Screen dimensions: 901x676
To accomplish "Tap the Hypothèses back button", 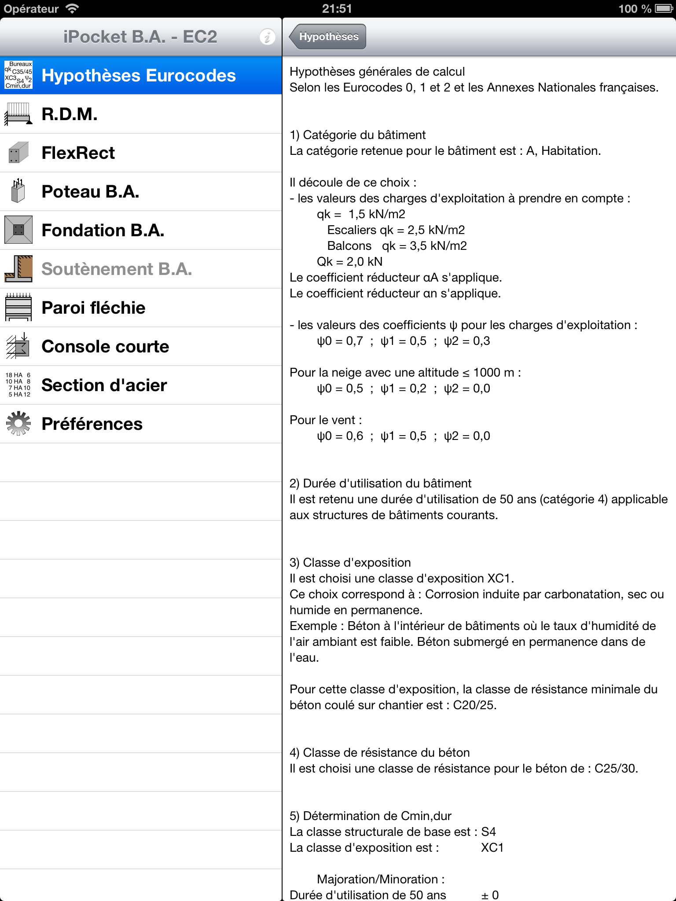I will [328, 37].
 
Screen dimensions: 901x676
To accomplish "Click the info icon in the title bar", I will [267, 37].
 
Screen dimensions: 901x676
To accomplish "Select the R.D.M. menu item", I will [70, 114].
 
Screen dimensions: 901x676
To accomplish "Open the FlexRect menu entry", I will [78, 153].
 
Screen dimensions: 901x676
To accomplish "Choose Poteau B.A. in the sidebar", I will [90, 192].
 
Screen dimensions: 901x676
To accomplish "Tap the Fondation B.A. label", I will [103, 231].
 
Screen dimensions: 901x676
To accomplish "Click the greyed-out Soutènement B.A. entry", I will [117, 269].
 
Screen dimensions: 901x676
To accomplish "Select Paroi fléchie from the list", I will [93, 308].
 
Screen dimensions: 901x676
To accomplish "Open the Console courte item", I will [105, 347].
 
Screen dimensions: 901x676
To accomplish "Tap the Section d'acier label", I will [104, 385].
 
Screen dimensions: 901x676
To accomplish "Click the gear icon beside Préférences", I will [18, 424].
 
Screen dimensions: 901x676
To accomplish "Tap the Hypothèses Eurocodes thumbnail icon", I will [18, 75].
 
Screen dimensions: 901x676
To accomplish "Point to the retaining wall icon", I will [18, 269].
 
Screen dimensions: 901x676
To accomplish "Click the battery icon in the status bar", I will [663, 8].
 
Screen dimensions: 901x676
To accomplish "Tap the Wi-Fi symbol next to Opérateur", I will [72, 8].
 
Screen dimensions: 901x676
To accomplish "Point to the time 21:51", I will [337, 8].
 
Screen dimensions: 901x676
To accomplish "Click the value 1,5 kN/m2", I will [377, 214].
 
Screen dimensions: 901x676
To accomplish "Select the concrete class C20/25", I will [474, 705].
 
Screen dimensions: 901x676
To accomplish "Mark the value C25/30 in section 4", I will [615, 769].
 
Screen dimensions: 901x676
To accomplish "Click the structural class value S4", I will [489, 832].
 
